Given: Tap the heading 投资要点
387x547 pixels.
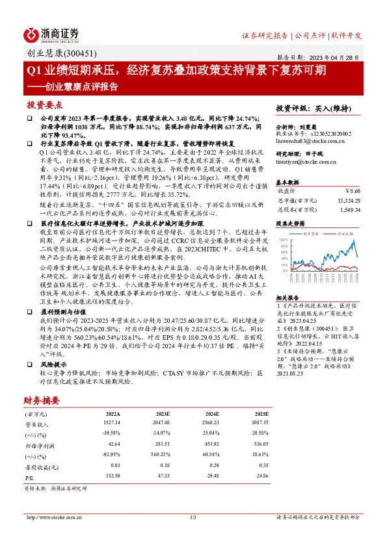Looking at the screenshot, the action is [x=44, y=105].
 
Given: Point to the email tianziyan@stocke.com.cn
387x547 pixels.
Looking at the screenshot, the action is [x=304, y=161].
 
